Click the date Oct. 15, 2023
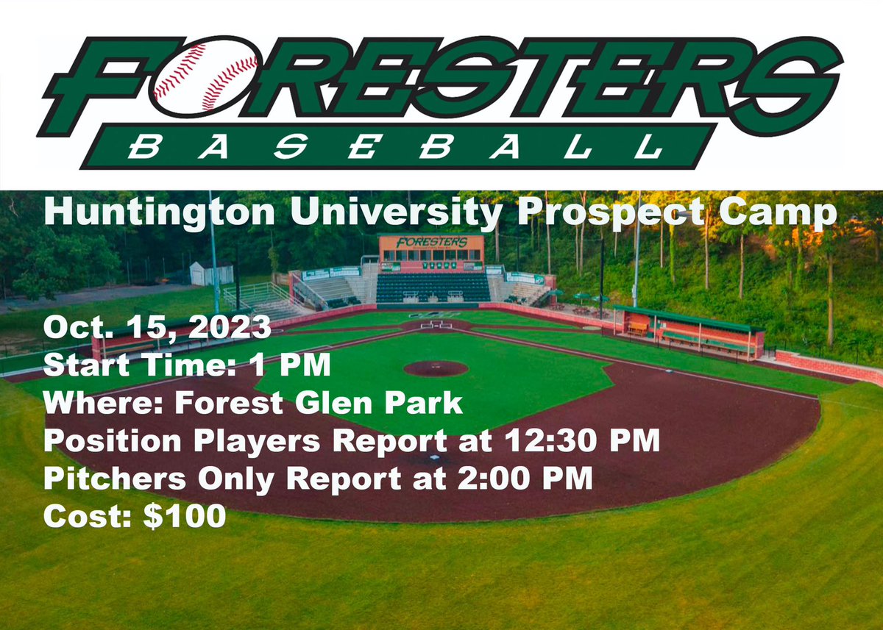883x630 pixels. click(157, 327)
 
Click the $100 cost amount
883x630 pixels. click(184, 516)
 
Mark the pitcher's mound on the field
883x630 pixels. click(436, 368)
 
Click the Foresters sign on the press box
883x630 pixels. click(431, 242)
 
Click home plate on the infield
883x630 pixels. click(436, 324)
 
